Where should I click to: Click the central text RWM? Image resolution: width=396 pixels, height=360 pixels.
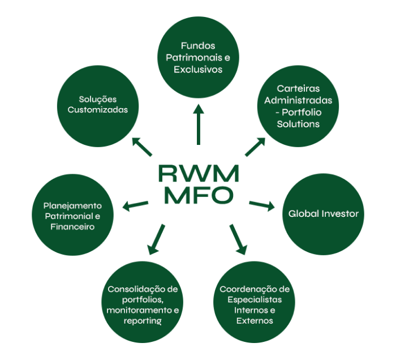(x=198, y=173)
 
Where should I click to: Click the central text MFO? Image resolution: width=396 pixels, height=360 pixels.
(x=198, y=195)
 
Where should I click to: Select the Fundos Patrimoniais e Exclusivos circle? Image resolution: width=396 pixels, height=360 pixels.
(x=198, y=57)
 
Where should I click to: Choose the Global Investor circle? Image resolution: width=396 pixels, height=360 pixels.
(x=323, y=214)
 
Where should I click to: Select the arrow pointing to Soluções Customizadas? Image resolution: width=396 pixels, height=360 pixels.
(x=142, y=145)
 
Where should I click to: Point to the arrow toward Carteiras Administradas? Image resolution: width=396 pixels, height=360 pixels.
(x=255, y=146)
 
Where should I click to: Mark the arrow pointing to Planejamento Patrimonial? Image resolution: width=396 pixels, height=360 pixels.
(x=135, y=205)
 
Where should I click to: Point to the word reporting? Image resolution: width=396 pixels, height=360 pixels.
(x=143, y=321)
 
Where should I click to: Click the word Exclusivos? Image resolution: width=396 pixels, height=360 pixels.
(x=198, y=69)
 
